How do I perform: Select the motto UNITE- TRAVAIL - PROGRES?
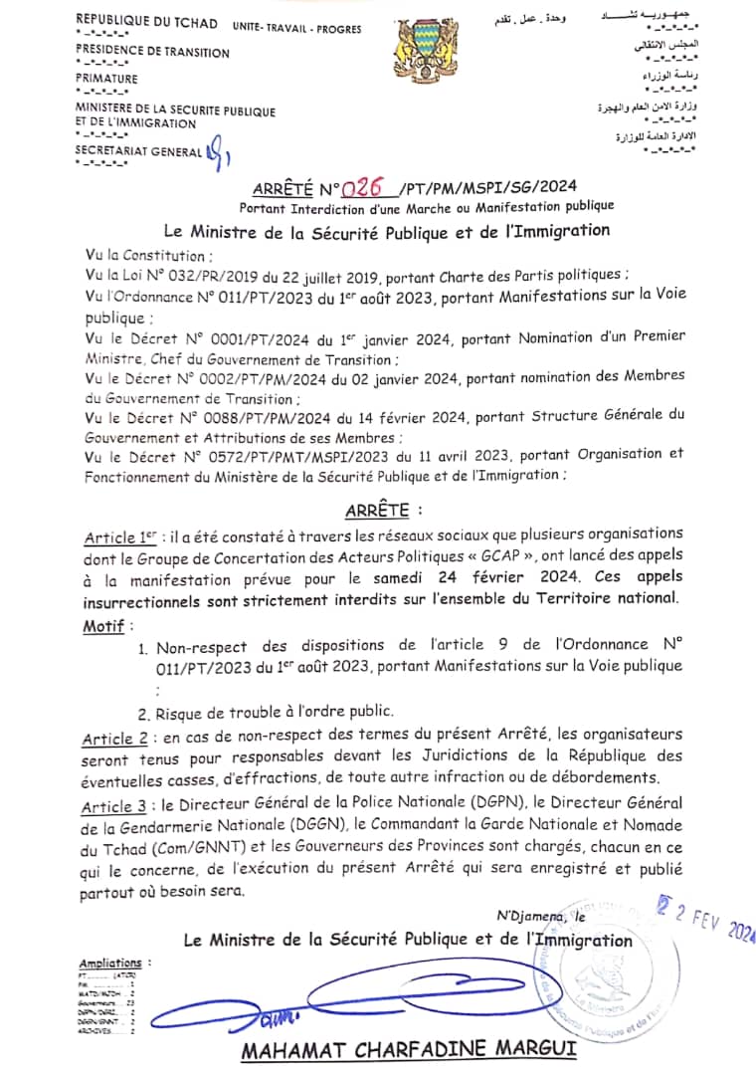pyautogui.click(x=283, y=31)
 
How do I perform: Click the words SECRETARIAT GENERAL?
pyautogui.click(x=137, y=150)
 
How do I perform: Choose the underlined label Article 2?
pyautogui.click(x=112, y=738)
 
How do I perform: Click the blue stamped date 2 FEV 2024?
pyautogui.click(x=707, y=924)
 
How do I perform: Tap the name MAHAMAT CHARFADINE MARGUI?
pyautogui.click(x=407, y=1050)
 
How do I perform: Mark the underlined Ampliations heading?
pyautogui.click(x=111, y=964)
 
